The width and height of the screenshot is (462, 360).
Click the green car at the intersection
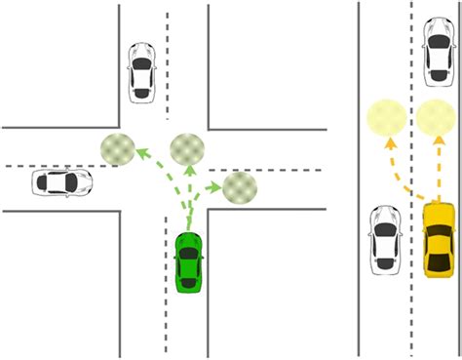click(189, 263)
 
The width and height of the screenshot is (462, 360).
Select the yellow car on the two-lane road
click(439, 239)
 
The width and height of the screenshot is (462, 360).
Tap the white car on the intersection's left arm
click(61, 182)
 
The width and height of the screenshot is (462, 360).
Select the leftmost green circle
click(118, 148)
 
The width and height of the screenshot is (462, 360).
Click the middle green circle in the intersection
click(187, 148)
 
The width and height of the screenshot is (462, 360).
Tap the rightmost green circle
click(239, 185)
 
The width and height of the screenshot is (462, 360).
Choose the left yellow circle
click(385, 117)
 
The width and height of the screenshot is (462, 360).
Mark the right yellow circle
click(436, 117)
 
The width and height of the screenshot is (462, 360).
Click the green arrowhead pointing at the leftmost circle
click(139, 151)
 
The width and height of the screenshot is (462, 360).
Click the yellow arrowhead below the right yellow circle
click(436, 142)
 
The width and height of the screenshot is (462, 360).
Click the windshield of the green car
click(188, 253)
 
